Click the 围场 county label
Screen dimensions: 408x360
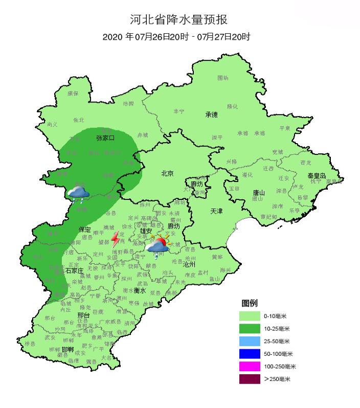coord(222,78)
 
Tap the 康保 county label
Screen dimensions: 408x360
coord(73,94)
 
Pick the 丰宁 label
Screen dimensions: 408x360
coord(179,111)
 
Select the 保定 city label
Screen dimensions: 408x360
coord(84,229)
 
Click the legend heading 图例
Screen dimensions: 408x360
coord(250,303)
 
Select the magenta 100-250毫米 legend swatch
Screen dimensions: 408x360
coord(250,366)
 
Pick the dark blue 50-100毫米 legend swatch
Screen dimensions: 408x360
coord(250,354)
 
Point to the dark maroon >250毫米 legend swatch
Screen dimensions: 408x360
coord(250,379)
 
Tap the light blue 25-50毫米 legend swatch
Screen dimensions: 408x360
coord(250,341)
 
